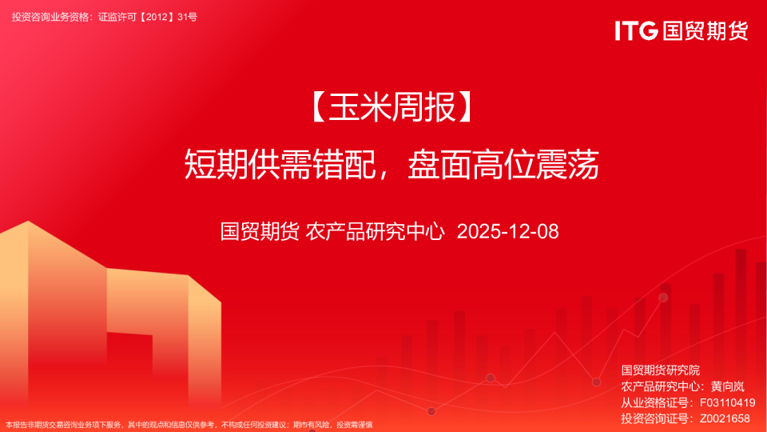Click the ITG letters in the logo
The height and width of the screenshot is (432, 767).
(x=636, y=31)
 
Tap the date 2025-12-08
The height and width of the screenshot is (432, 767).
(x=507, y=232)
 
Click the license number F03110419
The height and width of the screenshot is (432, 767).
(x=727, y=402)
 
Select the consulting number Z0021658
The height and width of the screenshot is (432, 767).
(x=725, y=418)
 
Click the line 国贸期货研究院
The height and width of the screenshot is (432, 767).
(x=660, y=370)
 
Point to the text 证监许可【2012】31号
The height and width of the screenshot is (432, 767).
(x=147, y=17)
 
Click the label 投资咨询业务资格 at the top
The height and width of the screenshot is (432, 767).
(x=50, y=17)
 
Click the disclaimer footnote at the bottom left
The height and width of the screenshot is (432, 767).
(x=189, y=425)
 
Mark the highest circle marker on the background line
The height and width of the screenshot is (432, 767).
(x=663, y=298)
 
